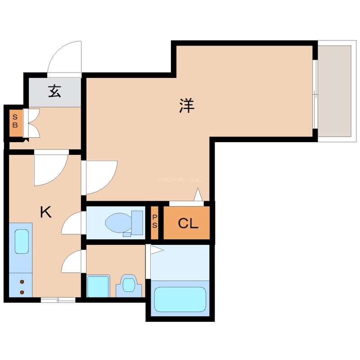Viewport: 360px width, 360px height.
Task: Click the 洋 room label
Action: point(186,105)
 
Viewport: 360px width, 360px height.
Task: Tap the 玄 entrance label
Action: point(54,91)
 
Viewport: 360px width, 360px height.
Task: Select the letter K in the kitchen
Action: point(45,211)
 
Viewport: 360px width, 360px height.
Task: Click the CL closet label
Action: point(188,223)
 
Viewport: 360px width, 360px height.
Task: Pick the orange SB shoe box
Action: point(15,121)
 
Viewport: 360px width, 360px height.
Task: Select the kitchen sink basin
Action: point(22,241)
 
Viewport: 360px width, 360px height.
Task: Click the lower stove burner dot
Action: point(22,292)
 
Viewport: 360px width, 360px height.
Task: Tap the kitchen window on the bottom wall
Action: point(58,300)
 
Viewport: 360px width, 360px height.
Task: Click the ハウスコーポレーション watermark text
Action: point(180,180)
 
